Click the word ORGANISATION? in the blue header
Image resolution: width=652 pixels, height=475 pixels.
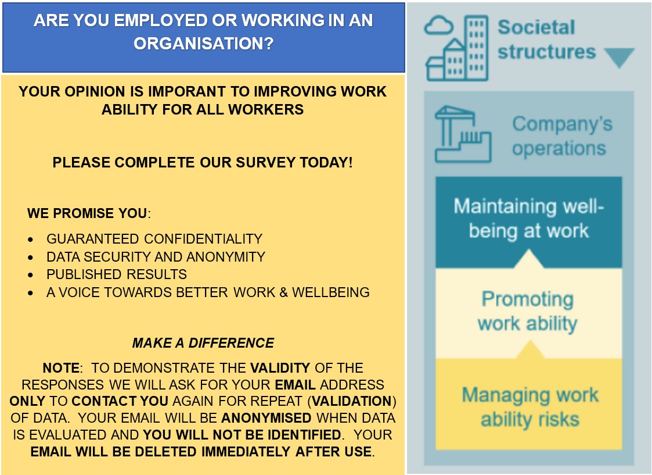pyautogui.click(x=203, y=44)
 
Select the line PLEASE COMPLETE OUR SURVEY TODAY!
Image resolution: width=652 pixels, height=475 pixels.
pyautogui.click(x=202, y=162)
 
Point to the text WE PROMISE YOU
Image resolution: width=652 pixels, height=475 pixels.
pyautogui.click(x=87, y=213)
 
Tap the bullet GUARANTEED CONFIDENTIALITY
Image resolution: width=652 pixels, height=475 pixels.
pyautogui.click(x=154, y=239)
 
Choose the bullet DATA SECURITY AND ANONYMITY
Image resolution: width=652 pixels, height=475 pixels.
pyautogui.click(x=156, y=256)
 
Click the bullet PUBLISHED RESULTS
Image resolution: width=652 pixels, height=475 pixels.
pyautogui.click(x=117, y=274)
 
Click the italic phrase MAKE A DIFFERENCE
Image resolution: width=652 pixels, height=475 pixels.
pyautogui.click(x=203, y=343)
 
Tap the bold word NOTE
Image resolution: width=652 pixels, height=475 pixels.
pyautogui.click(x=60, y=368)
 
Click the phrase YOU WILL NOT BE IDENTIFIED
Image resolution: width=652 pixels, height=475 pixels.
pyautogui.click(x=242, y=434)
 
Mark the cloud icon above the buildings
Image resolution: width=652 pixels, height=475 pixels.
pyautogui.click(x=438, y=26)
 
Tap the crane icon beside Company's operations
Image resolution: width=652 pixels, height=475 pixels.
pyautogui.click(x=462, y=134)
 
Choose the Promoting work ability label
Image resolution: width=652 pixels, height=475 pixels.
pyautogui.click(x=527, y=311)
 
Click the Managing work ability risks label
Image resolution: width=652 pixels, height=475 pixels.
pyautogui.click(x=529, y=407)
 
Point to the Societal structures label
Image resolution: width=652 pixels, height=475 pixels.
pyautogui.click(x=546, y=40)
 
